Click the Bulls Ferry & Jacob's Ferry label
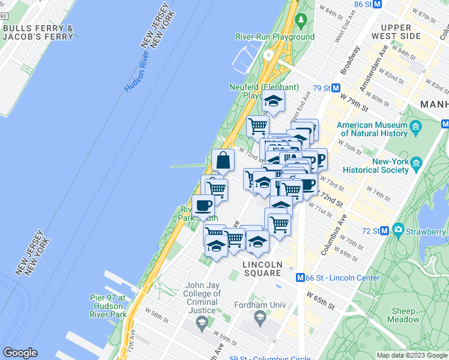point(38,32)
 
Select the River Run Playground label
point(275,37)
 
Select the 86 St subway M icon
point(378,4)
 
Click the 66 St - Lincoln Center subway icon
point(302,278)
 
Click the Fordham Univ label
point(259,305)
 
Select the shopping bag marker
point(223,161)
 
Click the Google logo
point(20,353)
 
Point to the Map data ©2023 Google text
point(412,355)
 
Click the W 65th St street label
point(321,300)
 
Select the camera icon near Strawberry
point(398,230)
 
